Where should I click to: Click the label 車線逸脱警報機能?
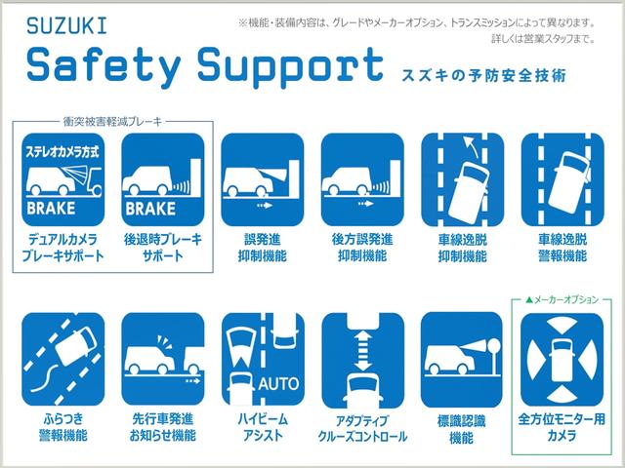pyautogui.click(x=558, y=247)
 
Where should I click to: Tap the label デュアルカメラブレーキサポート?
pyautogui.click(x=60, y=247)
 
